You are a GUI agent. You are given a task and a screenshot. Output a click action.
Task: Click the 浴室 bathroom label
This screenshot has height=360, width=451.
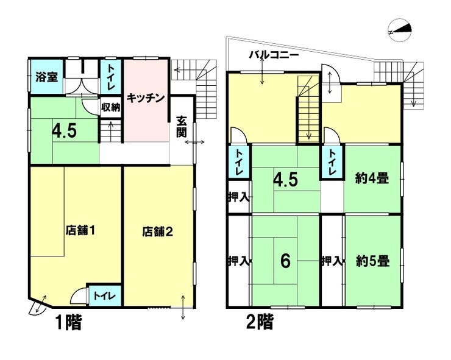pyautogui.click(x=46, y=77)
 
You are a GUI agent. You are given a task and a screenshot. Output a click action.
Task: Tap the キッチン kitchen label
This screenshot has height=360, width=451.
pyautogui.click(x=145, y=98)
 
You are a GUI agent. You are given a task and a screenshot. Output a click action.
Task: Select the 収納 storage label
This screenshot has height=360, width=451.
pyautogui.click(x=110, y=108)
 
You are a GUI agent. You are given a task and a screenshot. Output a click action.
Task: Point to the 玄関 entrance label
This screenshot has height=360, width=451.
pyautogui.click(x=182, y=127)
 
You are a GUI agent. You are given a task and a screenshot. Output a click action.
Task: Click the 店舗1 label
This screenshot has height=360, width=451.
pyautogui.click(x=80, y=230)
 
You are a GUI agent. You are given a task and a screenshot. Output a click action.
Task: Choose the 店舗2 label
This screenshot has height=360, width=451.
pyautogui.click(x=158, y=231)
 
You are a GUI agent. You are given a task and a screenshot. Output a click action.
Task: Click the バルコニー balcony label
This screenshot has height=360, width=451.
pyautogui.click(x=274, y=54)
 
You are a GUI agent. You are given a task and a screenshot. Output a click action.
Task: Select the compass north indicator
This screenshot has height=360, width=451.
pyautogui.click(x=400, y=30)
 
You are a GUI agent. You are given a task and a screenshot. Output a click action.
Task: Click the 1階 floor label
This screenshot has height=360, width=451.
pyautogui.click(x=68, y=322)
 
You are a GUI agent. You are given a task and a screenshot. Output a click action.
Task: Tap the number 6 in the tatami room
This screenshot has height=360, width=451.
pyautogui.click(x=285, y=261)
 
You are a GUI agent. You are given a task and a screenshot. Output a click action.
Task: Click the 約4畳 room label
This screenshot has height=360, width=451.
pyautogui.click(x=372, y=179)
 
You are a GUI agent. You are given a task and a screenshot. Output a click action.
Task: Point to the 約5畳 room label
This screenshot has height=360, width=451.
pyautogui.click(x=373, y=262)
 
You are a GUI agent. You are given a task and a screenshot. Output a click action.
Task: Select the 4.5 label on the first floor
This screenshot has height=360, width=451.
pyautogui.click(x=64, y=131)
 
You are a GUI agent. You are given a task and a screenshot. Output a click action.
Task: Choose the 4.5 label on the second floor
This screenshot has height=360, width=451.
pyautogui.click(x=285, y=180)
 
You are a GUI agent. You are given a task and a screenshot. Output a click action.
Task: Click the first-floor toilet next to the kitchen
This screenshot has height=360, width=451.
pyautogui.click(x=111, y=77)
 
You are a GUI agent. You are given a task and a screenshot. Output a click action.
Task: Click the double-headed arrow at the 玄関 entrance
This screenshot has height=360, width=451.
pyautogui.click(x=195, y=142)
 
